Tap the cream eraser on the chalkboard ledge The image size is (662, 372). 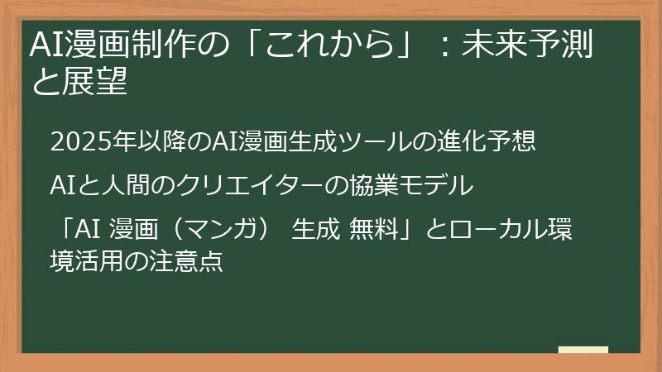click(x=583, y=351)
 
